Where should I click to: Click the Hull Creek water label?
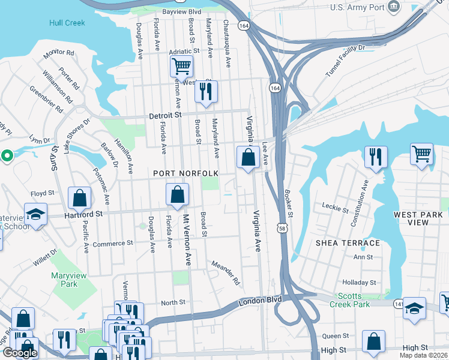[x=67, y=23]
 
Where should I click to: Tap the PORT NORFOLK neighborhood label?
[x=185, y=173]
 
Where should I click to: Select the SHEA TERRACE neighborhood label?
[x=348, y=243]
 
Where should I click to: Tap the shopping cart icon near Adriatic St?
[x=181, y=66]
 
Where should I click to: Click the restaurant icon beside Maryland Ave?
[x=206, y=92]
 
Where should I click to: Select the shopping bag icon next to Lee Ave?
[x=247, y=158]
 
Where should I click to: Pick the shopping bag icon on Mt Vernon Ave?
[x=177, y=195]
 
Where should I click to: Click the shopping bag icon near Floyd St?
[x=79, y=198]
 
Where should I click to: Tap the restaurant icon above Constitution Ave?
[x=376, y=157]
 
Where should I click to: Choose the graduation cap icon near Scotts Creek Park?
[x=414, y=308]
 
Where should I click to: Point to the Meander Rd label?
[x=226, y=272]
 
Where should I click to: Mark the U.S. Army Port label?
[x=357, y=7]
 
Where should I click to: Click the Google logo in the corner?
[x=20, y=353]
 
